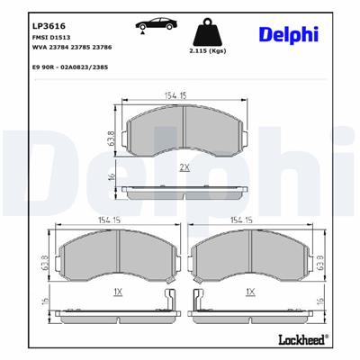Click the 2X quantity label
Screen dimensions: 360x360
click(x=184, y=167)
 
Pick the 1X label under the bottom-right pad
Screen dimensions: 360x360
click(x=252, y=293)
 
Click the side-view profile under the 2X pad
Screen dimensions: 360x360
click(x=184, y=192)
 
